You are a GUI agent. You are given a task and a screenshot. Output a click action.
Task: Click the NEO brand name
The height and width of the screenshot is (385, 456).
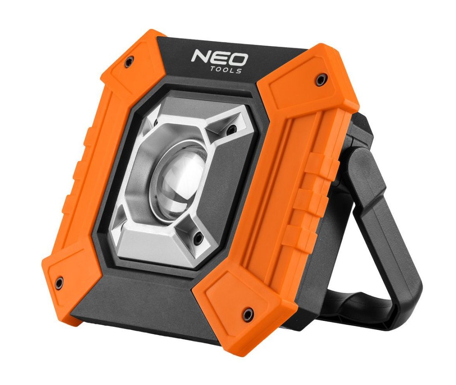tap(219, 57)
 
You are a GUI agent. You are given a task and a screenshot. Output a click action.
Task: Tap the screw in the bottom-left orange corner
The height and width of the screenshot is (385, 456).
tap(59, 282)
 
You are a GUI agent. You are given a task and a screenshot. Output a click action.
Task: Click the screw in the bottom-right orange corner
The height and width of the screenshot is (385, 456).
tap(248, 314)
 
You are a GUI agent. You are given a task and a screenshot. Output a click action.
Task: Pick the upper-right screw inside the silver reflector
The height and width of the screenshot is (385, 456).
tap(231, 128)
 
